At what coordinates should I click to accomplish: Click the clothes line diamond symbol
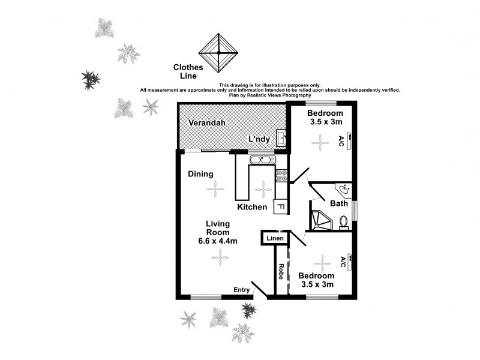[218, 52]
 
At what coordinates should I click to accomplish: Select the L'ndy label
[260, 140]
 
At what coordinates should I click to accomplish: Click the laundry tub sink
[281, 137]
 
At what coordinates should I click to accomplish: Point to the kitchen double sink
[262, 160]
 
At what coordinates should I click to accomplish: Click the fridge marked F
[280, 207]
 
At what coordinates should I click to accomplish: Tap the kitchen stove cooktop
[280, 175]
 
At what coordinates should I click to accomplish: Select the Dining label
[201, 175]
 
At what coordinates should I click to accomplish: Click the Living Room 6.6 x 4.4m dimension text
[219, 241]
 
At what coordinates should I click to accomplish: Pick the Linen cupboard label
[275, 239]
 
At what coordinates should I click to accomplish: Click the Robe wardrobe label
[280, 273]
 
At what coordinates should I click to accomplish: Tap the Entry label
[242, 290]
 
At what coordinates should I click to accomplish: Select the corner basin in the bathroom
[345, 190]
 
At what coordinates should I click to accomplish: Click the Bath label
[339, 203]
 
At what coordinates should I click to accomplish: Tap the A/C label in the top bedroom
[341, 142]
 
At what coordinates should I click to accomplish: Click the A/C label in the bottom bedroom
[343, 262]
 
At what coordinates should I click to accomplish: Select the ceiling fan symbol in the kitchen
[263, 189]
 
